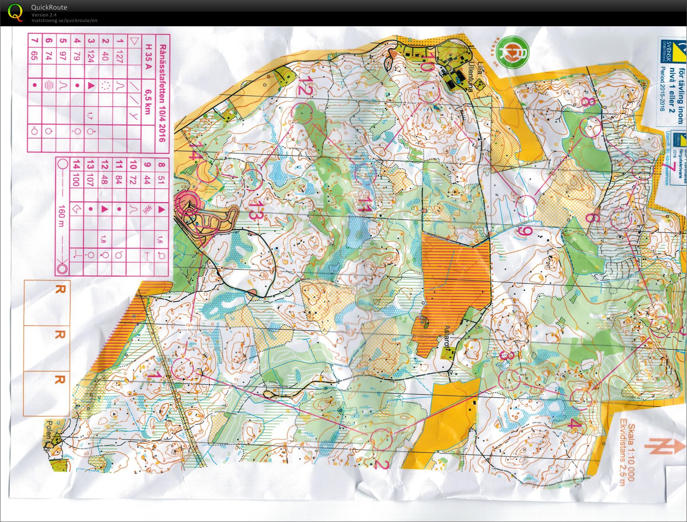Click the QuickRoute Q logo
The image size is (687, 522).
pyautogui.click(x=16, y=12)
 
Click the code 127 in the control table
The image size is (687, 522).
pyautogui.click(x=119, y=56)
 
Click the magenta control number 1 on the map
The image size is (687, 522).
pyautogui.click(x=154, y=375)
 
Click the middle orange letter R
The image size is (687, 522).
pyautogui.click(x=60, y=334)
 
